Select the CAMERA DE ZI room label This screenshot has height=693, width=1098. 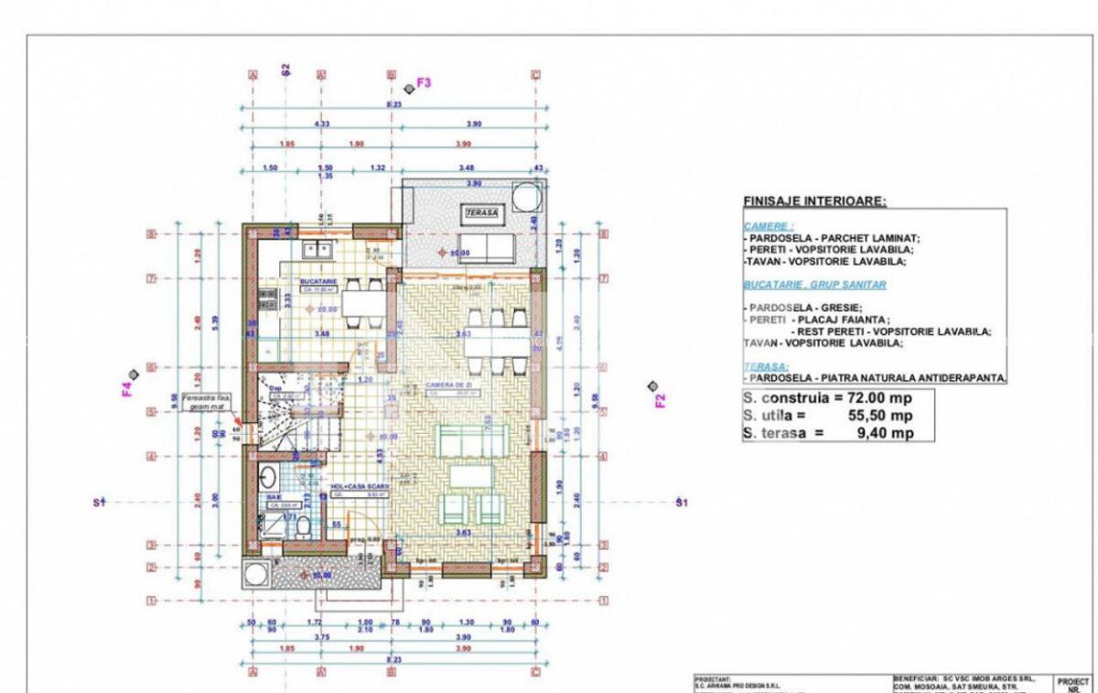[446, 385]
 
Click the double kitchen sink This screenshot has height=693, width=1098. [315, 248]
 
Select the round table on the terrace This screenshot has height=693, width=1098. [528, 197]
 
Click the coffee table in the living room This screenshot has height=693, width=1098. [469, 476]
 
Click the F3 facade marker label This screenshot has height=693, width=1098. [424, 83]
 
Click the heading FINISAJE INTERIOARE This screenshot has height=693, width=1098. [814, 200]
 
